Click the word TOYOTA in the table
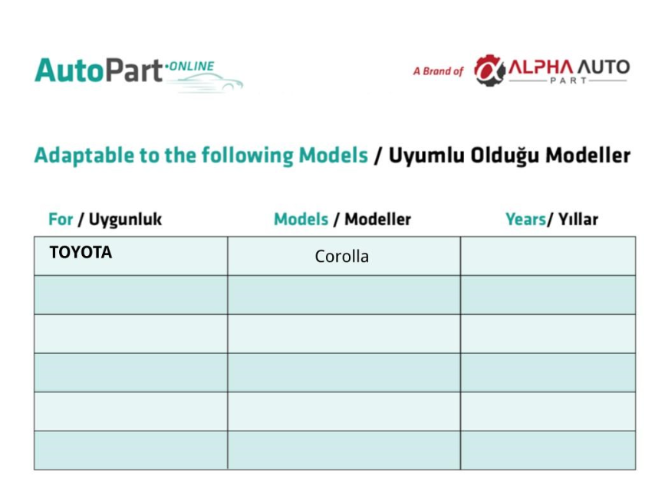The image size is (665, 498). click(81, 252)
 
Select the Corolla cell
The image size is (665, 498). click(344, 256)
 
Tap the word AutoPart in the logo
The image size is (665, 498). click(98, 70)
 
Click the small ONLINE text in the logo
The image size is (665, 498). click(192, 67)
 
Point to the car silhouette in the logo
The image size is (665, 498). click(208, 83)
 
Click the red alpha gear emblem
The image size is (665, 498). click(489, 70)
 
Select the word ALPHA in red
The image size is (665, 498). click(541, 67)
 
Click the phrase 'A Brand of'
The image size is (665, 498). click(438, 71)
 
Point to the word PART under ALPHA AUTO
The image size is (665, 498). click(568, 80)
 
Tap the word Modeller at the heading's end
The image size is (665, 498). click(588, 156)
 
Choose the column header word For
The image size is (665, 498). click(61, 219)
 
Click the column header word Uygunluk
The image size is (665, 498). click(125, 220)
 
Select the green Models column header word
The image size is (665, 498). click(301, 219)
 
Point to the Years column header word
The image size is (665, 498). click(525, 219)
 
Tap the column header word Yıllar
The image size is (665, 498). click(578, 219)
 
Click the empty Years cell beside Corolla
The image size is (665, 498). click(548, 256)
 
